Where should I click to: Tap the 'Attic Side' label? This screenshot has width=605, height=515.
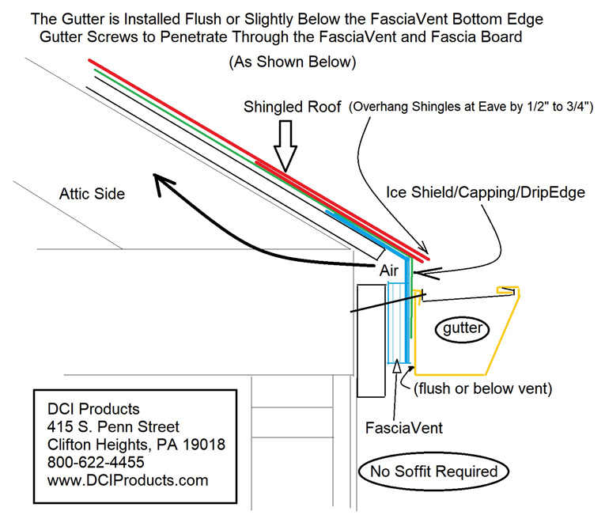[92, 193]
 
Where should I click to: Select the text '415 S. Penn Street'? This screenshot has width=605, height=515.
[113, 427]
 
